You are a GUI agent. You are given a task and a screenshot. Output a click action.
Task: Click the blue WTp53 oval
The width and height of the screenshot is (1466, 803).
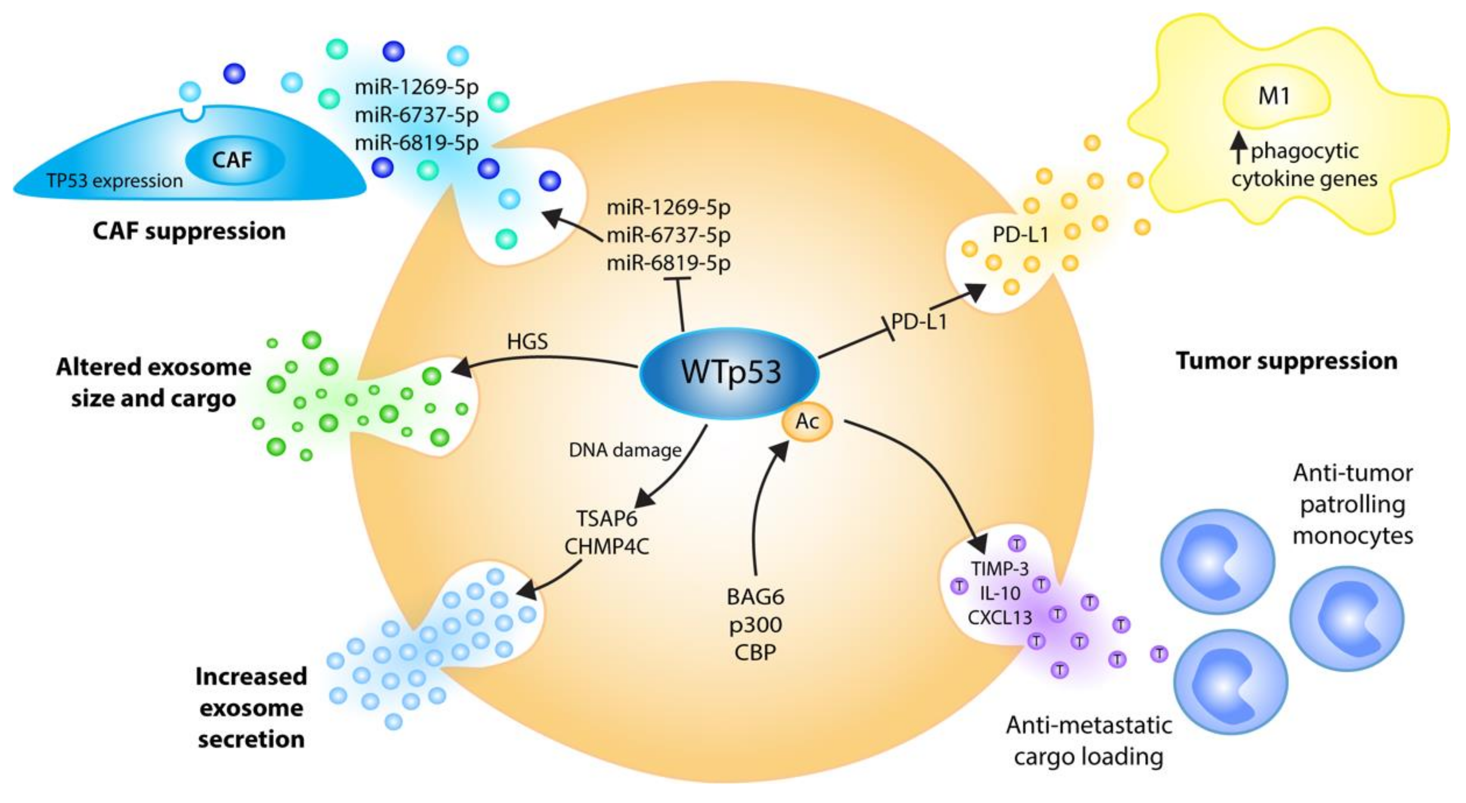[729, 373]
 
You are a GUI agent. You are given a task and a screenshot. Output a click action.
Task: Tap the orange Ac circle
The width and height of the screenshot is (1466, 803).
[807, 422]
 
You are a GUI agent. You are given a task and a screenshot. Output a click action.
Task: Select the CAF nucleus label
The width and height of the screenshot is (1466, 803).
[232, 159]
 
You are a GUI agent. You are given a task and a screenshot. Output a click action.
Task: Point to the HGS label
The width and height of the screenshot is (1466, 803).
[527, 342]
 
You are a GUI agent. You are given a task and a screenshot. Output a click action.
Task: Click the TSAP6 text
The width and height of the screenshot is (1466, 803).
[607, 518]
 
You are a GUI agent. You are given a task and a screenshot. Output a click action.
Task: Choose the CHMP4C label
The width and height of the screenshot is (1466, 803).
[607, 546]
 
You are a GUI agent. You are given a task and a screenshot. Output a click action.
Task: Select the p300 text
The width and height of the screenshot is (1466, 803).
[755, 625]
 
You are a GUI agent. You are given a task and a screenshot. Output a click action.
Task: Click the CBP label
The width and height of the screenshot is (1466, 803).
[755, 652]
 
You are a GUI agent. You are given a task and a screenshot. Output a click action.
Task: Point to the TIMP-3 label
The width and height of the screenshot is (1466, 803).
[1000, 569]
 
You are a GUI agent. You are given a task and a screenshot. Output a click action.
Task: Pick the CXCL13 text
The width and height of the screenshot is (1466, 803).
[1000, 617]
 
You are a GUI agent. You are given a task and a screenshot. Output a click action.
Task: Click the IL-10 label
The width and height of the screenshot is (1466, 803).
[1000, 593]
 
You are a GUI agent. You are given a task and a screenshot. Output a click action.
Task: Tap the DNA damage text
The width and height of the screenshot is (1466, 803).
[625, 451]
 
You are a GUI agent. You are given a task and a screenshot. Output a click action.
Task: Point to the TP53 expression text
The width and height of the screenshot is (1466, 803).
[115, 181]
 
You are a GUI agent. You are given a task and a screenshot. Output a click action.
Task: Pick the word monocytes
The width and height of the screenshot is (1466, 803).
[1353, 535]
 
